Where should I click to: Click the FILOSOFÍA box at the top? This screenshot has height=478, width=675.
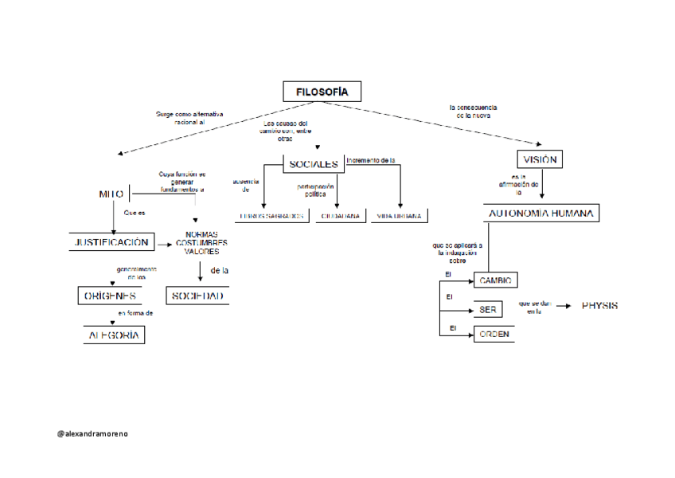[322, 92]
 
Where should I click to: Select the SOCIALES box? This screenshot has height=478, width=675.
[314, 165]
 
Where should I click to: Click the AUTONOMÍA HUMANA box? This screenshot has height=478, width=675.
[541, 214]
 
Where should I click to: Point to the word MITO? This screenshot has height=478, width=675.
[111, 194]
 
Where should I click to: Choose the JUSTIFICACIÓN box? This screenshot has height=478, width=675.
[111, 243]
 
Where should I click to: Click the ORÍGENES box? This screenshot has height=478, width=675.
[111, 296]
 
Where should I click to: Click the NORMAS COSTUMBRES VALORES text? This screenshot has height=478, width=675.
[202, 243]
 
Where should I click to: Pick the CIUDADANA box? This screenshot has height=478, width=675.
[341, 216]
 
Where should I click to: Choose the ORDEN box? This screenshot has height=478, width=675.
[494, 334]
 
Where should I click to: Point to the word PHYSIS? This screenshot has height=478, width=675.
[599, 306]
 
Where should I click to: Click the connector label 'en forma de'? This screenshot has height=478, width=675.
[135, 313]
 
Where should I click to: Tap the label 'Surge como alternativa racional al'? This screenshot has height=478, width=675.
[189, 119]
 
